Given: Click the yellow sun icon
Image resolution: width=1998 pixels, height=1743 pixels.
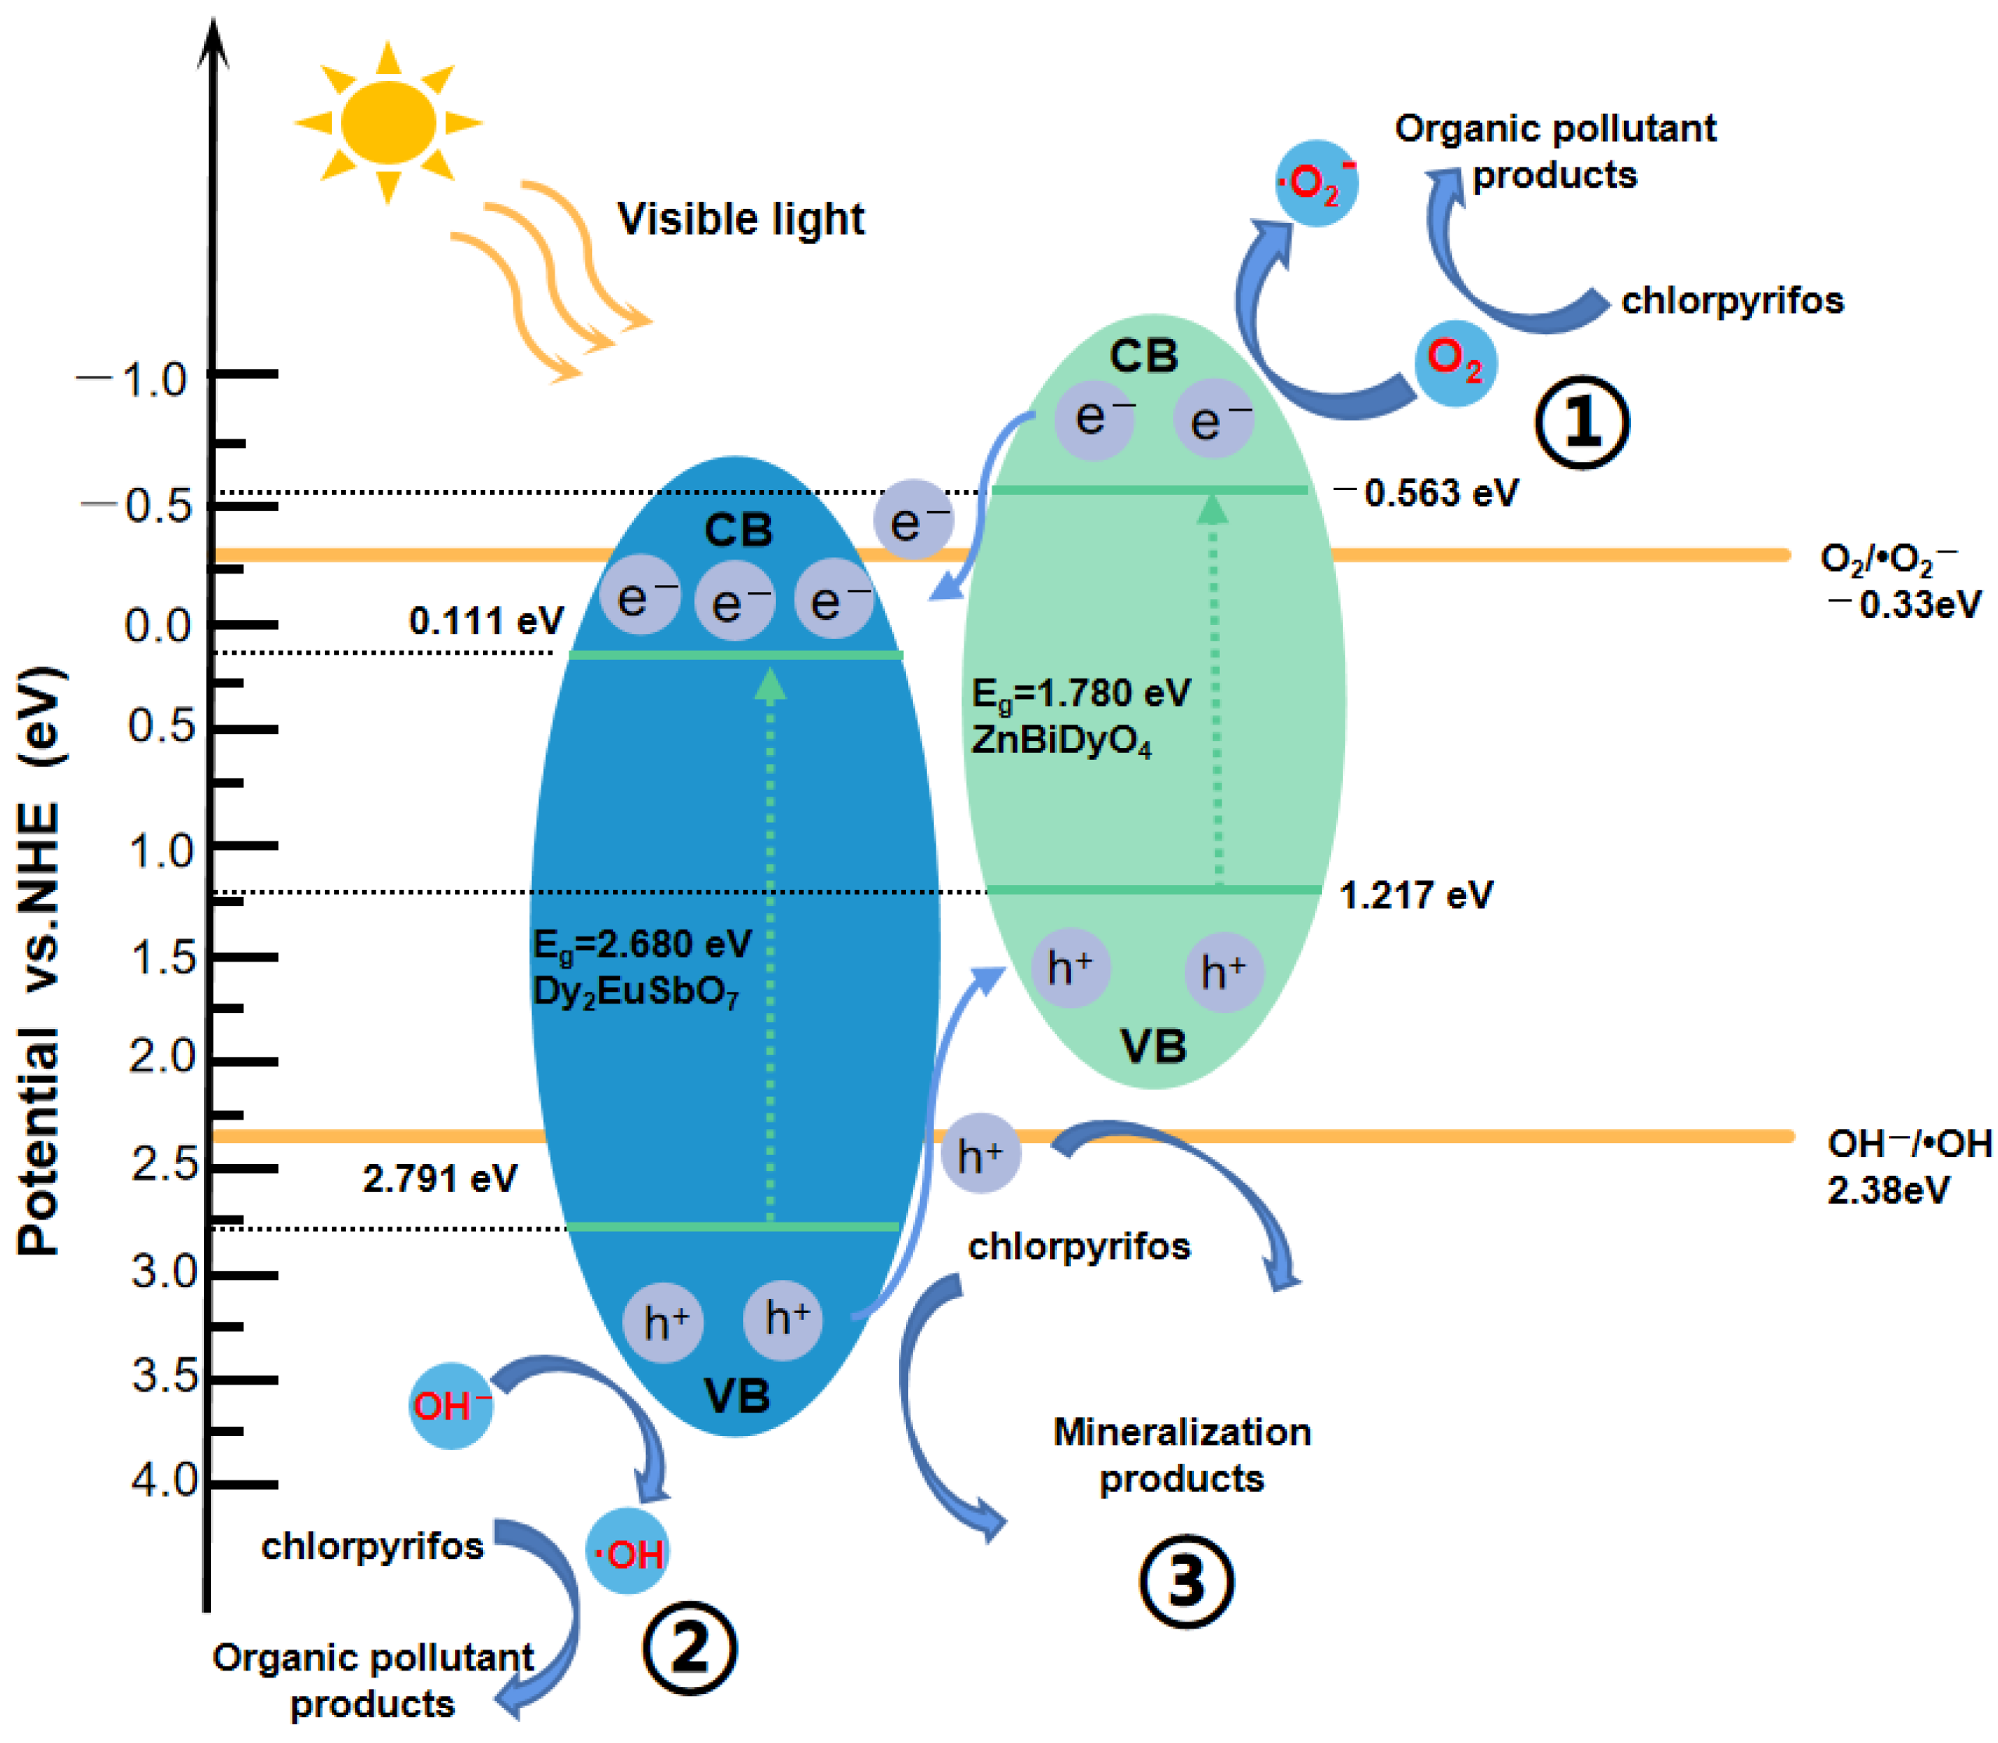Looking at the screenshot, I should [388, 122].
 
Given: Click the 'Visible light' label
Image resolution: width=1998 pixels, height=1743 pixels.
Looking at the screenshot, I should [741, 219].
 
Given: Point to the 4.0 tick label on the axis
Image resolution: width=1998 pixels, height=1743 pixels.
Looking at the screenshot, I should [164, 1480].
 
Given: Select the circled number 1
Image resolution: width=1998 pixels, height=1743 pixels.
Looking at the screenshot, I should [1582, 422].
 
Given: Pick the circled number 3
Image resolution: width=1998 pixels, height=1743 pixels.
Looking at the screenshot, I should [1186, 1582].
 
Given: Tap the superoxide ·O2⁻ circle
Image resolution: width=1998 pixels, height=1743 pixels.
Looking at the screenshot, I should [1316, 183].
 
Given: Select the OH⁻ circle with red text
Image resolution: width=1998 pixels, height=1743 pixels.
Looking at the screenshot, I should [451, 1406].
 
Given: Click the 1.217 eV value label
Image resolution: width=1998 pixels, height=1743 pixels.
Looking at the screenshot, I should [1415, 894].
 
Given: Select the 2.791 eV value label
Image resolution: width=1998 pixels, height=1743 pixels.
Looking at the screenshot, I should [439, 1179].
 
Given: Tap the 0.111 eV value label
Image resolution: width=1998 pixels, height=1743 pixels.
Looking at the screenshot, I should [486, 620].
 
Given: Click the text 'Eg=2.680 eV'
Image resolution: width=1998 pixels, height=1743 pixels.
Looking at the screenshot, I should [642, 944].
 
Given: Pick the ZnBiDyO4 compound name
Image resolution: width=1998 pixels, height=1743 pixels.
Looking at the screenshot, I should [1062, 741].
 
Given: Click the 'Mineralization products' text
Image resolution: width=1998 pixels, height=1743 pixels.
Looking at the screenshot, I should [1182, 1455].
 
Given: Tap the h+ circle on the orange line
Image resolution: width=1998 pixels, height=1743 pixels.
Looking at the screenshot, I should [980, 1154].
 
